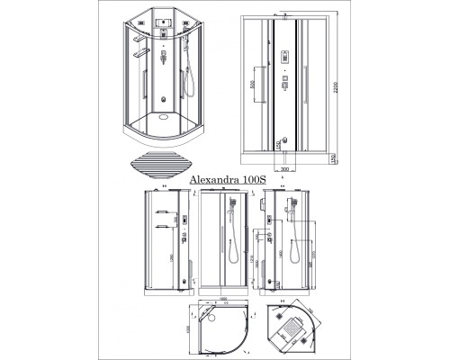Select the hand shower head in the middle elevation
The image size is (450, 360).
point(230,211)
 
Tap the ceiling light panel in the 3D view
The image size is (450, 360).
point(163,21)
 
